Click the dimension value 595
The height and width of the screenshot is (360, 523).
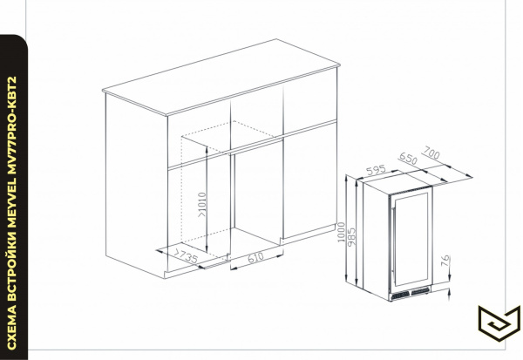coord(376,170)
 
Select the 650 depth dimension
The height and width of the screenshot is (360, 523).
coord(408,159)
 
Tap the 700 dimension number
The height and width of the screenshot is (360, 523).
coord(431,153)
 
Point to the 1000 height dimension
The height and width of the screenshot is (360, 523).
coord(341,232)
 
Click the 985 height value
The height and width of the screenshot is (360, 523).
coord(351,236)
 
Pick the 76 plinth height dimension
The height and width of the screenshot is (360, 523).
coord(445,261)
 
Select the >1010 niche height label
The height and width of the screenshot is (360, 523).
coord(202,205)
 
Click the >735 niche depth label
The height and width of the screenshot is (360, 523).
coord(185,255)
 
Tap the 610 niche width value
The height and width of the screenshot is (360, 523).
coord(255,257)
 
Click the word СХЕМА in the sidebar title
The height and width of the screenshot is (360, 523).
coord(11,327)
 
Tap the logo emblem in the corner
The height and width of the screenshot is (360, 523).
coord(499,323)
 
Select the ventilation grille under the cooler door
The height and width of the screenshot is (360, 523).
coord(411,293)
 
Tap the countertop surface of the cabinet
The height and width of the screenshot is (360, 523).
coord(221,77)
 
